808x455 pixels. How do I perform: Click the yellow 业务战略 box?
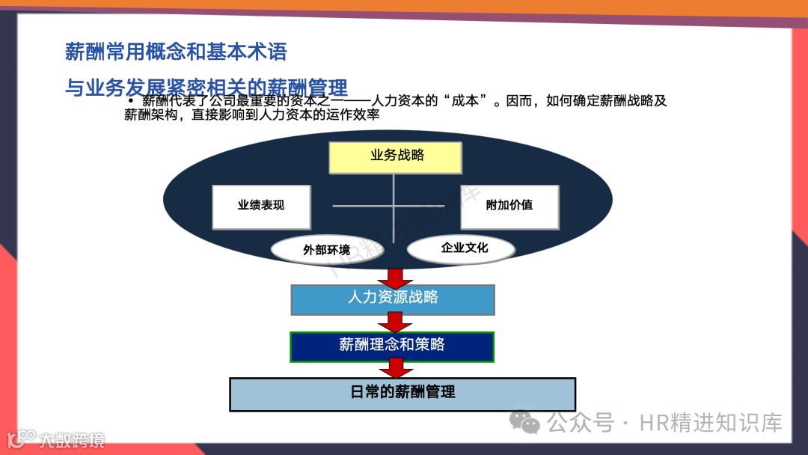point(395,157)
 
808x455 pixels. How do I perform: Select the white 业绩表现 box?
point(261,207)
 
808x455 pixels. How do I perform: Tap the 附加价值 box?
point(509,206)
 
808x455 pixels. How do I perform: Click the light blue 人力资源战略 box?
point(393,299)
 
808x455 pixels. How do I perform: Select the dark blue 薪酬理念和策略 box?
point(392,346)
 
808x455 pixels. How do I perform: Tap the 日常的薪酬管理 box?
point(403,394)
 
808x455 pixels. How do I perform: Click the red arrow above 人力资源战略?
point(395,276)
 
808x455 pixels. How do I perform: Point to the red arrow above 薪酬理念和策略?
point(395,323)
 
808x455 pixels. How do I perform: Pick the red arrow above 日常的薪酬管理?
point(396,367)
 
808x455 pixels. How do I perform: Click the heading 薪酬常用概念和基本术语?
point(176,52)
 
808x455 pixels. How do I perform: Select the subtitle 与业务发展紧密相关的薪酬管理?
point(206,88)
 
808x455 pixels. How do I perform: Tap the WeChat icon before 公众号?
point(530,423)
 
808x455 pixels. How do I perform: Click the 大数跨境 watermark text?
point(72,439)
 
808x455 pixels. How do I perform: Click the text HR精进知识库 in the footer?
point(711,423)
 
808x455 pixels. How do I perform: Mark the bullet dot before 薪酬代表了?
point(130,101)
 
